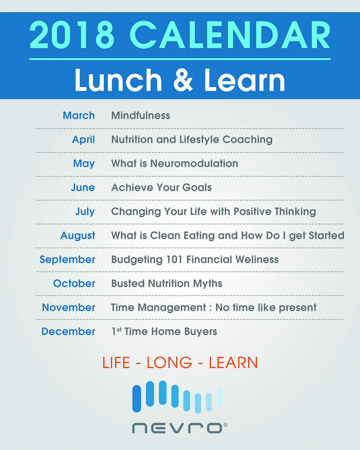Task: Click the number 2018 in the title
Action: point(72,35)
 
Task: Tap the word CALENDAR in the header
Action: point(230,35)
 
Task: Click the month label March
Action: point(79,115)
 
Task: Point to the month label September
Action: point(67,260)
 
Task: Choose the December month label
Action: point(68,331)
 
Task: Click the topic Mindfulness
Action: point(141,115)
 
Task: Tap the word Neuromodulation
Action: point(194,163)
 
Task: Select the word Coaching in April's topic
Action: point(247,140)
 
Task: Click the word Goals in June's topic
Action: point(197,187)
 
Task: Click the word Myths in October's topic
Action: point(208,284)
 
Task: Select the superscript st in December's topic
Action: point(119,330)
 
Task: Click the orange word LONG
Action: point(169,362)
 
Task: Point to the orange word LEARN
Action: point(233,362)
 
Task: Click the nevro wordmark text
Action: point(177,428)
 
